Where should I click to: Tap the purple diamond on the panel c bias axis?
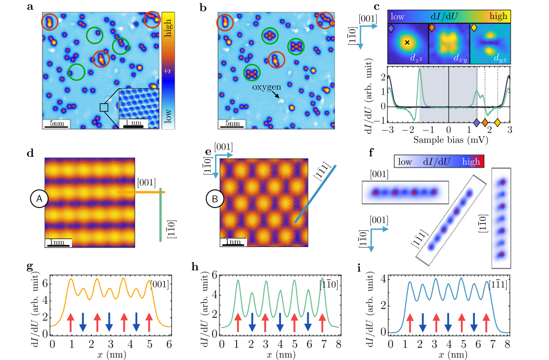tap(476, 123)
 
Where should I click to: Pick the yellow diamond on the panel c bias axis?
tap(498, 123)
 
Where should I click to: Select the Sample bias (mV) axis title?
tap(448, 140)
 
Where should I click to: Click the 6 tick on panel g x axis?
tap(170, 343)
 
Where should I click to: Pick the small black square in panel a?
tap(104, 108)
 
